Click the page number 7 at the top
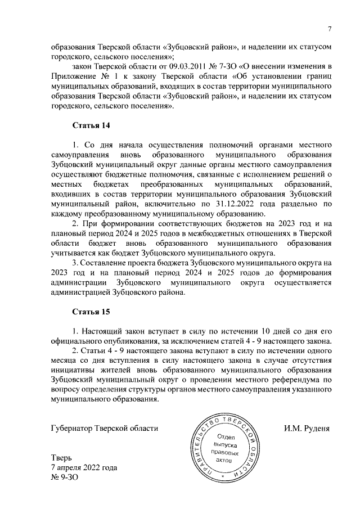pos(330,30)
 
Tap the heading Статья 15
pos(91,311)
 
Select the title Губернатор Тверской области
pos(104,428)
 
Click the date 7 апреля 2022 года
pos(84,468)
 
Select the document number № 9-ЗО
pos(62,478)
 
